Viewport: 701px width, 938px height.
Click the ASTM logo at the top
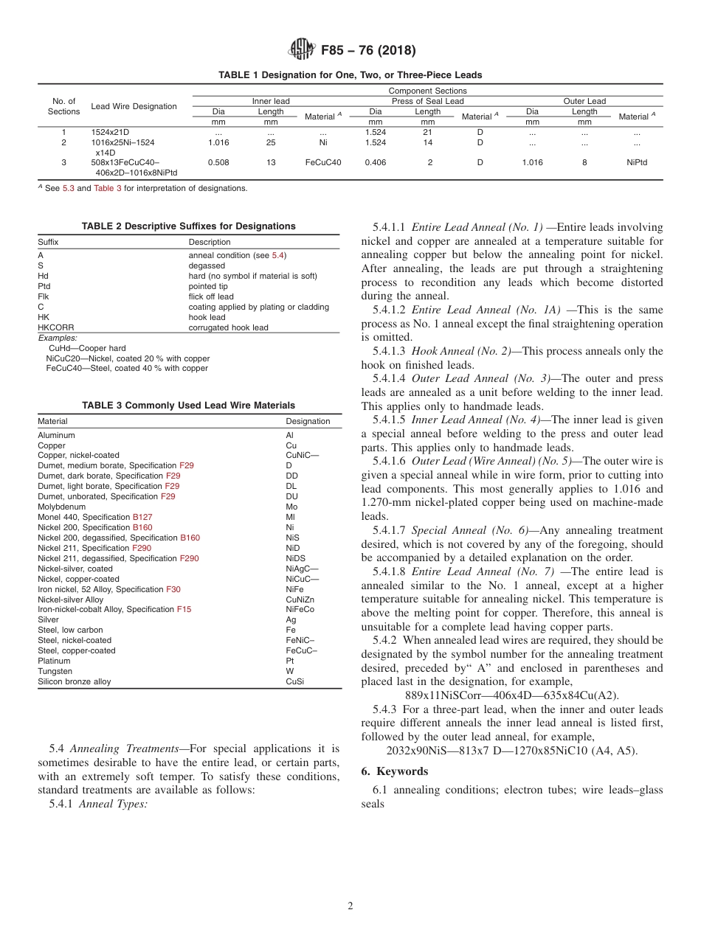pyautogui.click(x=301, y=49)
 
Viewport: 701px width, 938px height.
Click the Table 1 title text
pyautogui.click(x=350, y=75)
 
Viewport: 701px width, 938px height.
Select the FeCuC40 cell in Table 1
pyautogui.click(x=323, y=162)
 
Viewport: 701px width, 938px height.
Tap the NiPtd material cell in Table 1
pyautogui.click(x=636, y=162)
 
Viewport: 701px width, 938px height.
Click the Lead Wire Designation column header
pyautogui.click(x=134, y=106)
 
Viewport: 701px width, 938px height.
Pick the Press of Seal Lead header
pyautogui.click(x=427, y=101)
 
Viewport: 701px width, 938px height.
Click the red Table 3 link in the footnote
pyautogui.click(x=103, y=188)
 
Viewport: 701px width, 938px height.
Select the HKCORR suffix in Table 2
pyautogui.click(x=56, y=327)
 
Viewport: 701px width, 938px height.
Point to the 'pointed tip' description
pyautogui.click(x=209, y=286)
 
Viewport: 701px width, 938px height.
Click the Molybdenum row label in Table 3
pyautogui.click(x=61, y=507)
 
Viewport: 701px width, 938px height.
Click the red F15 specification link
pyautogui.click(x=184, y=610)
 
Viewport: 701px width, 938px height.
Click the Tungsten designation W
pyautogui.click(x=289, y=671)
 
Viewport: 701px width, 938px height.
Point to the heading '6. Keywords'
pyautogui.click(x=394, y=771)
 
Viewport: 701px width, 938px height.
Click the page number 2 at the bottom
pyautogui.click(x=350, y=906)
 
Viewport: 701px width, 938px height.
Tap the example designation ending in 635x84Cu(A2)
pyautogui.click(x=512, y=695)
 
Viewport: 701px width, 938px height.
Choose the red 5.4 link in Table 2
pyautogui.click(x=278, y=255)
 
